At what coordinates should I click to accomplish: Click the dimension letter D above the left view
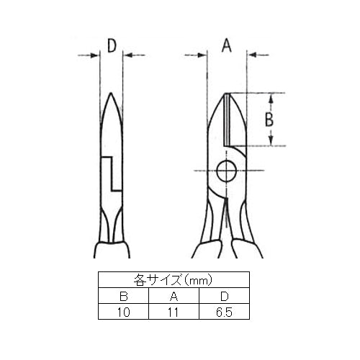pyautogui.click(x=112, y=46)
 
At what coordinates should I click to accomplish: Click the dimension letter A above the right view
pyautogui.click(x=227, y=45)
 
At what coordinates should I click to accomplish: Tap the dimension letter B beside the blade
pyautogui.click(x=269, y=120)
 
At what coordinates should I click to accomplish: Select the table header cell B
pyautogui.click(x=124, y=297)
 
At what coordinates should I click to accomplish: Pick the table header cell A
pyautogui.click(x=174, y=297)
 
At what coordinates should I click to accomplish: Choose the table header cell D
pyautogui.click(x=225, y=297)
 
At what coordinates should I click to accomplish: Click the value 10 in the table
pyautogui.click(x=124, y=312)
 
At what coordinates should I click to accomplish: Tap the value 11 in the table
pyautogui.click(x=174, y=312)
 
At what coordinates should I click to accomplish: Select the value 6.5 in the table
pyautogui.click(x=224, y=312)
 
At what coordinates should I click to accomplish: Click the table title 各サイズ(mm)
pyautogui.click(x=174, y=280)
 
